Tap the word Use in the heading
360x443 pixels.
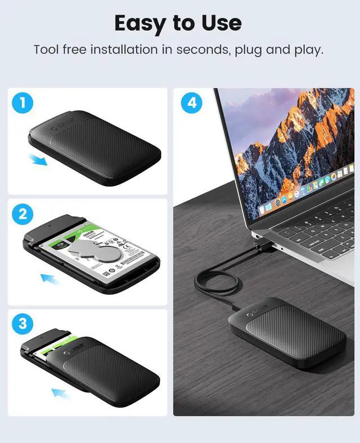220,23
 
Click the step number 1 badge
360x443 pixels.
23,103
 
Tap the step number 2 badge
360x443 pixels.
23,214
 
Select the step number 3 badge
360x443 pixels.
23,324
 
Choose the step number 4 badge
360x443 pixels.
192,103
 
